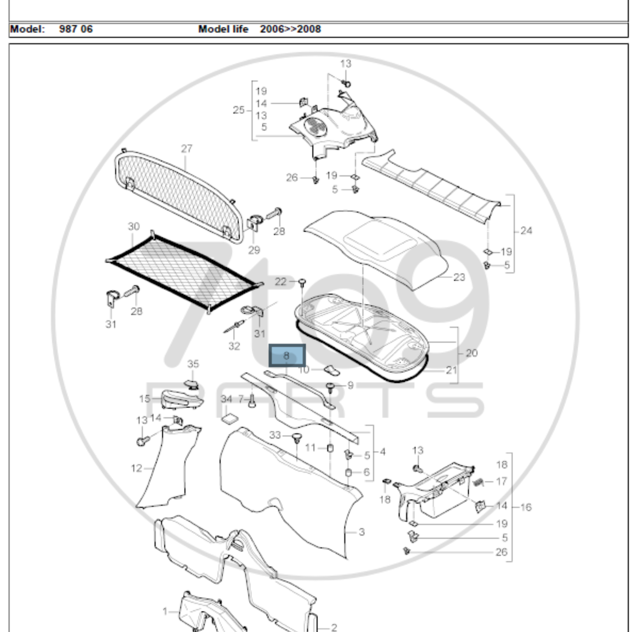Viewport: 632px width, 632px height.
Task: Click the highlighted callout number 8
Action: click(287, 355)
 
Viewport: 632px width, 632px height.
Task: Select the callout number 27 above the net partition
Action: click(187, 149)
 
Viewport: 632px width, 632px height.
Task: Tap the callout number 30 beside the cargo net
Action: click(134, 226)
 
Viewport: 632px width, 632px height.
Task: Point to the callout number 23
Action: click(459, 277)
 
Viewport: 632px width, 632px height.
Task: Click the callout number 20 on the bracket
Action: click(471, 353)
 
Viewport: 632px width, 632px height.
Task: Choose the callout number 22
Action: click(281, 282)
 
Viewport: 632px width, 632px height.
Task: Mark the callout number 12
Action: click(136, 468)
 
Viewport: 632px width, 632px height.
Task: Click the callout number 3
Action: click(361, 532)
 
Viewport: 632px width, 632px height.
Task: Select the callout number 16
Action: click(526, 507)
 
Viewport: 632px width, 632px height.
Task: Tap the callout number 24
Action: click(526, 230)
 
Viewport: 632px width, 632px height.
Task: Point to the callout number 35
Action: click(193, 364)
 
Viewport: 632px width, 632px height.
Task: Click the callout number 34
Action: click(226, 400)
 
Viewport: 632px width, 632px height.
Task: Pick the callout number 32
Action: click(234, 346)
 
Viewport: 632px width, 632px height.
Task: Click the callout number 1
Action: click(165, 611)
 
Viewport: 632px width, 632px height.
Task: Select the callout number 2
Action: click(333, 627)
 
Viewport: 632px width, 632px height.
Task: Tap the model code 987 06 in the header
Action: click(76, 29)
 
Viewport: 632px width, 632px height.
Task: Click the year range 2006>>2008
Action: click(290, 29)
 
